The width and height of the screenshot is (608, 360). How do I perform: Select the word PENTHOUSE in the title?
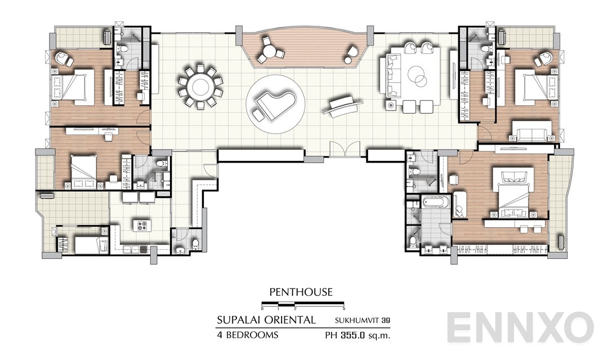pos(301,292)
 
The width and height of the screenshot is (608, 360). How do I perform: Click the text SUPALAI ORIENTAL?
pos(266,321)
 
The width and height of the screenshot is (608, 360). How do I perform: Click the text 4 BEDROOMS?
pos(248,336)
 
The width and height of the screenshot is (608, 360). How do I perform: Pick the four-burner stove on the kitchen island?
pos(142,226)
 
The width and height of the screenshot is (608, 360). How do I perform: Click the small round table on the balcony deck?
pos(272,51)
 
